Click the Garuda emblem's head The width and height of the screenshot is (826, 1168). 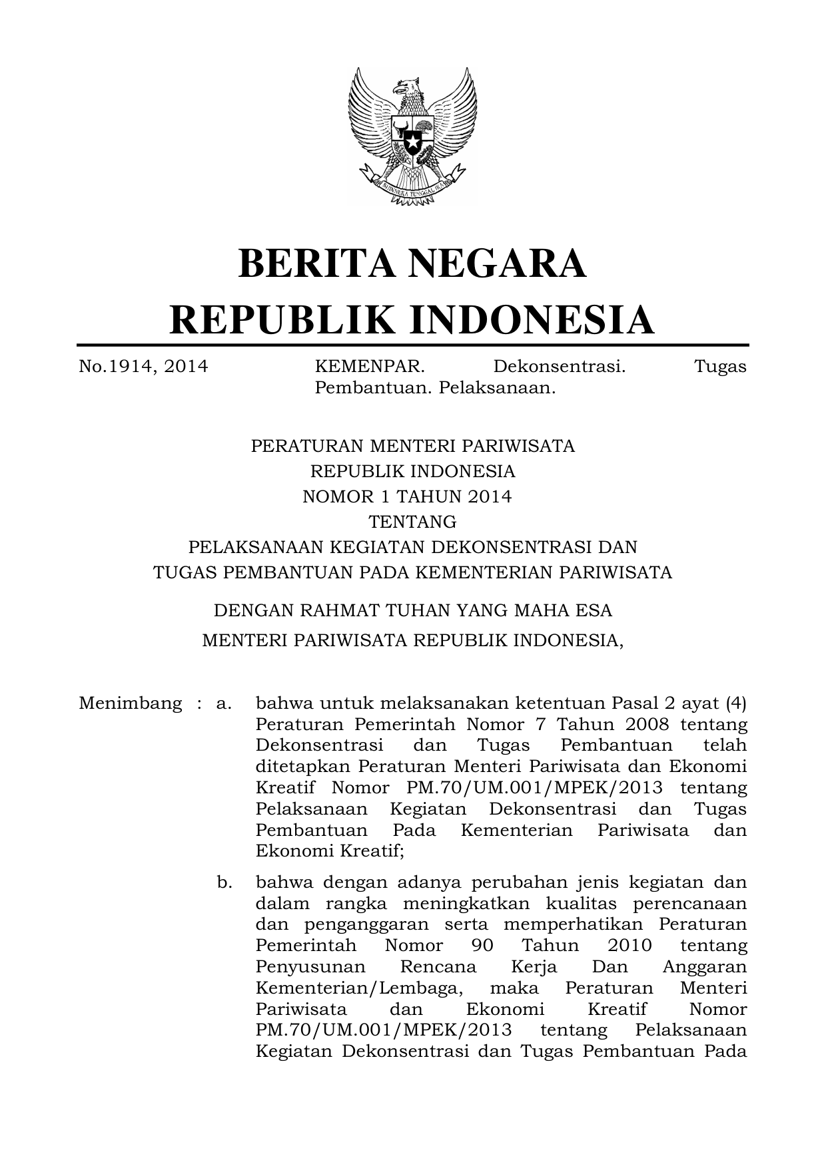(x=404, y=87)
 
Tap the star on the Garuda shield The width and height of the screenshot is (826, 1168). (x=412, y=142)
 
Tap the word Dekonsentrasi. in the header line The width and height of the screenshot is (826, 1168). (x=559, y=366)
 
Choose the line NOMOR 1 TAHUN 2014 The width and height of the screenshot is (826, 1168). (x=407, y=496)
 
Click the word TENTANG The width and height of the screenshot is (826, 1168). (x=412, y=521)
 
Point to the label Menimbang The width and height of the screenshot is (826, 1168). (x=130, y=703)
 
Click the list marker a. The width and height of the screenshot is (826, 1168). (x=223, y=703)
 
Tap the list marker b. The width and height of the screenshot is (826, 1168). (x=224, y=882)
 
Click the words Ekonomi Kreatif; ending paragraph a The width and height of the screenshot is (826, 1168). (x=330, y=851)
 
